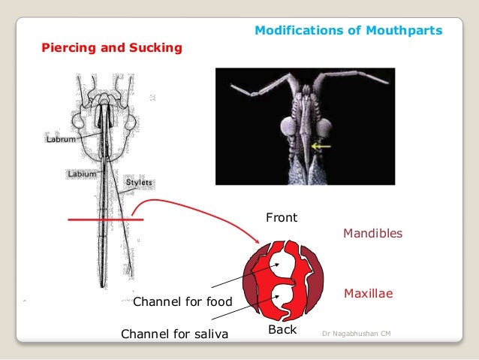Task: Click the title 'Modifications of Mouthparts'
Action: (x=348, y=31)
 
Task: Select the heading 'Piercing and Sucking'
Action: (x=112, y=49)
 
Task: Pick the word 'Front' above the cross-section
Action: (x=282, y=218)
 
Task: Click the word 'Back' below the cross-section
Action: (x=282, y=330)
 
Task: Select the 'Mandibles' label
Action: (x=372, y=234)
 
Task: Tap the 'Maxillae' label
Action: (x=368, y=290)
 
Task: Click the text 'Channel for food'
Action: (x=182, y=302)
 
